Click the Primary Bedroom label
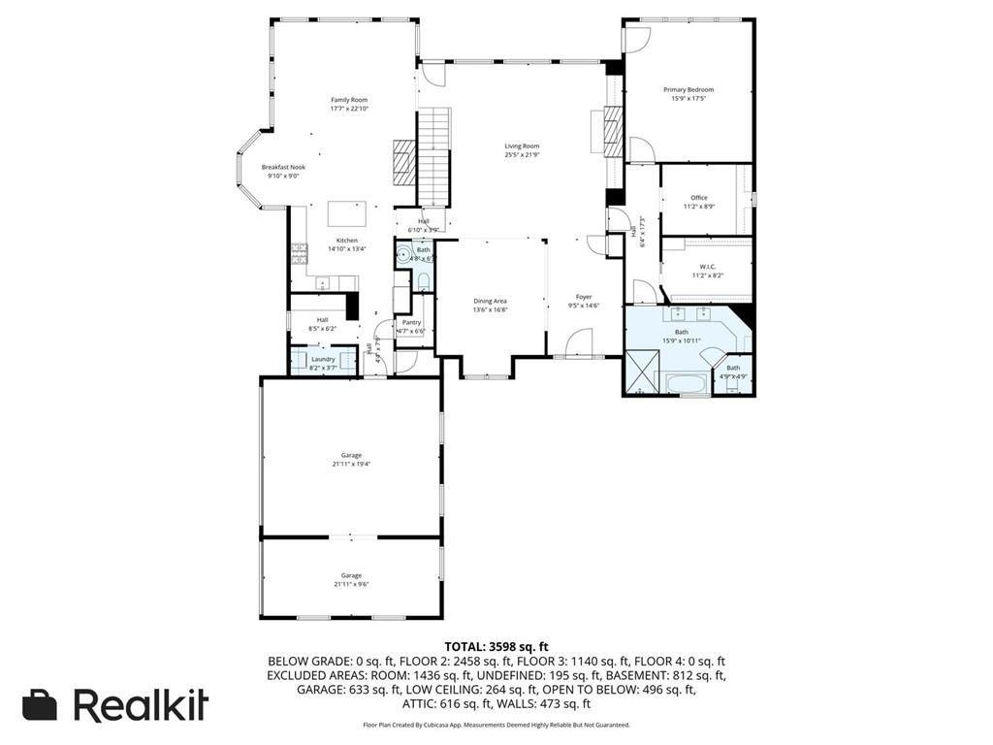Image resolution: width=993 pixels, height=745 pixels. [689, 90]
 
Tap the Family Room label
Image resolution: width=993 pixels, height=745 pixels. [349, 100]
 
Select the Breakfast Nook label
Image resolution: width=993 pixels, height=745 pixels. [283, 167]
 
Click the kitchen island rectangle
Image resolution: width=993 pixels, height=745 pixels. [347, 213]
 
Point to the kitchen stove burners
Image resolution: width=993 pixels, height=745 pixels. [298, 254]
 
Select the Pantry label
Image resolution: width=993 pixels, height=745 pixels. [411, 322]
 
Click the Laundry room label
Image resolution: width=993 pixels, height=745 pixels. [323, 359]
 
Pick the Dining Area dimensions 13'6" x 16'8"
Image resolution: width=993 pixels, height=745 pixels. [490, 310]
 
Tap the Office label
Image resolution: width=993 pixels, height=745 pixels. [699, 198]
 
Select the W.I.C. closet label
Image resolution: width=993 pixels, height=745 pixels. [707, 267]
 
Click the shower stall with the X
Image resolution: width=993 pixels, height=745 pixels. [640, 372]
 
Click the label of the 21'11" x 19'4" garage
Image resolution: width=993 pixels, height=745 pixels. [351, 455]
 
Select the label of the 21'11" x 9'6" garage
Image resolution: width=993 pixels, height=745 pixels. [351, 575]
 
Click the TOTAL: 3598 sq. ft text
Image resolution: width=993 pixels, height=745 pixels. [496, 646]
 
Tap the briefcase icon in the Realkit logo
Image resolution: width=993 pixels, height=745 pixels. [41, 705]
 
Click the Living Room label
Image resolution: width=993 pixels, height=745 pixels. [522, 146]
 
